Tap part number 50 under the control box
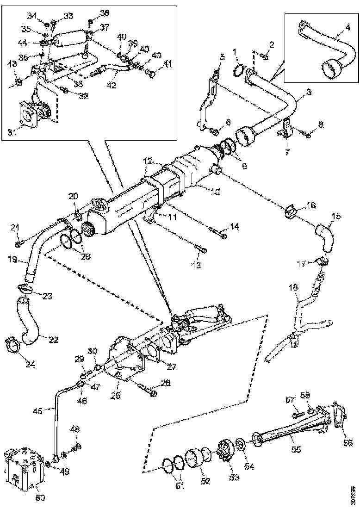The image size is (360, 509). coord(41,498)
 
